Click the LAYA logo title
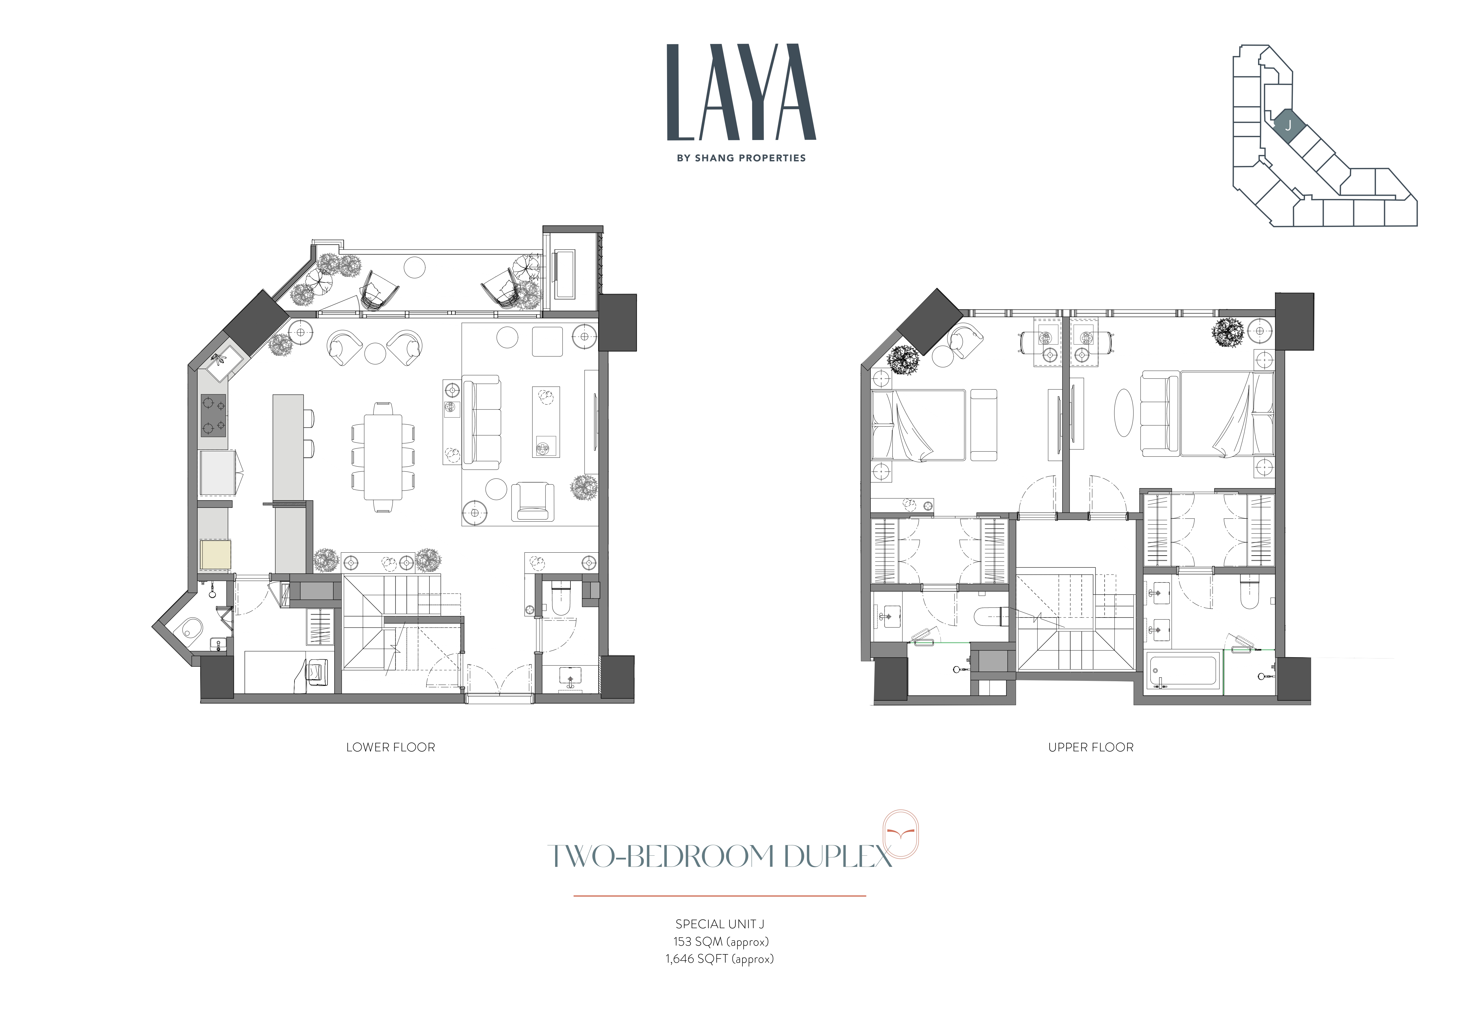pos(741,92)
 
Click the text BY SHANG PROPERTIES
pos(741,158)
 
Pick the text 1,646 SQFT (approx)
pos(720,959)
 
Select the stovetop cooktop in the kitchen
pos(213,415)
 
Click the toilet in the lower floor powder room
pos(561,597)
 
